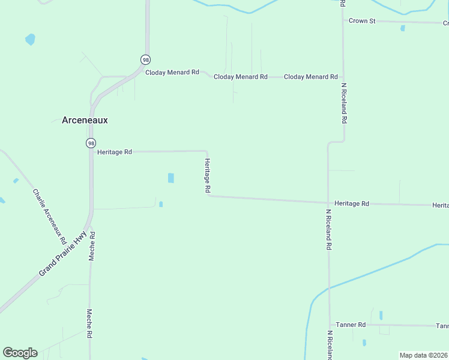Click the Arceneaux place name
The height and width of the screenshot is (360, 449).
85,120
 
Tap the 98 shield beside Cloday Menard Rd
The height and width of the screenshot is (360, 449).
145,59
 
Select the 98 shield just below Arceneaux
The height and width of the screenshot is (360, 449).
90,143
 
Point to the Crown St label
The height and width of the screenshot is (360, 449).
362,21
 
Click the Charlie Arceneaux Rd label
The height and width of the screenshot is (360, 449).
49,217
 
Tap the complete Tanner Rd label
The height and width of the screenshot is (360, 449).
351,325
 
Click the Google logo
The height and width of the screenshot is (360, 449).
20,353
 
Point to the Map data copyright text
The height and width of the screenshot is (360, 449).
423,355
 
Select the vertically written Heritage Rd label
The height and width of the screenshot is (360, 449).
208,176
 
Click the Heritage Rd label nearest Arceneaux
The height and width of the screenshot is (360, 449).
114,152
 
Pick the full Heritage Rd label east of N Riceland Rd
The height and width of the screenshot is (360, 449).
352,203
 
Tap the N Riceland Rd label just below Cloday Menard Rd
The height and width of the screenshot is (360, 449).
344,103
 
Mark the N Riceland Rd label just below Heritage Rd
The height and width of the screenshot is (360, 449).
329,229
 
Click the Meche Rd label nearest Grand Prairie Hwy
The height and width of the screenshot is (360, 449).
92,246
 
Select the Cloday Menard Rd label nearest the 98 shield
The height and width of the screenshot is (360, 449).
172,73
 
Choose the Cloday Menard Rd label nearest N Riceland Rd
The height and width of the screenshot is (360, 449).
310,77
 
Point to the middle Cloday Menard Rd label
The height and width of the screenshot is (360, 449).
240,77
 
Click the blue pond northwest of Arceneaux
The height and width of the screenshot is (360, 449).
30,40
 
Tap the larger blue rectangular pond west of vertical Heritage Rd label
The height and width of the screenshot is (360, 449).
171,178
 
